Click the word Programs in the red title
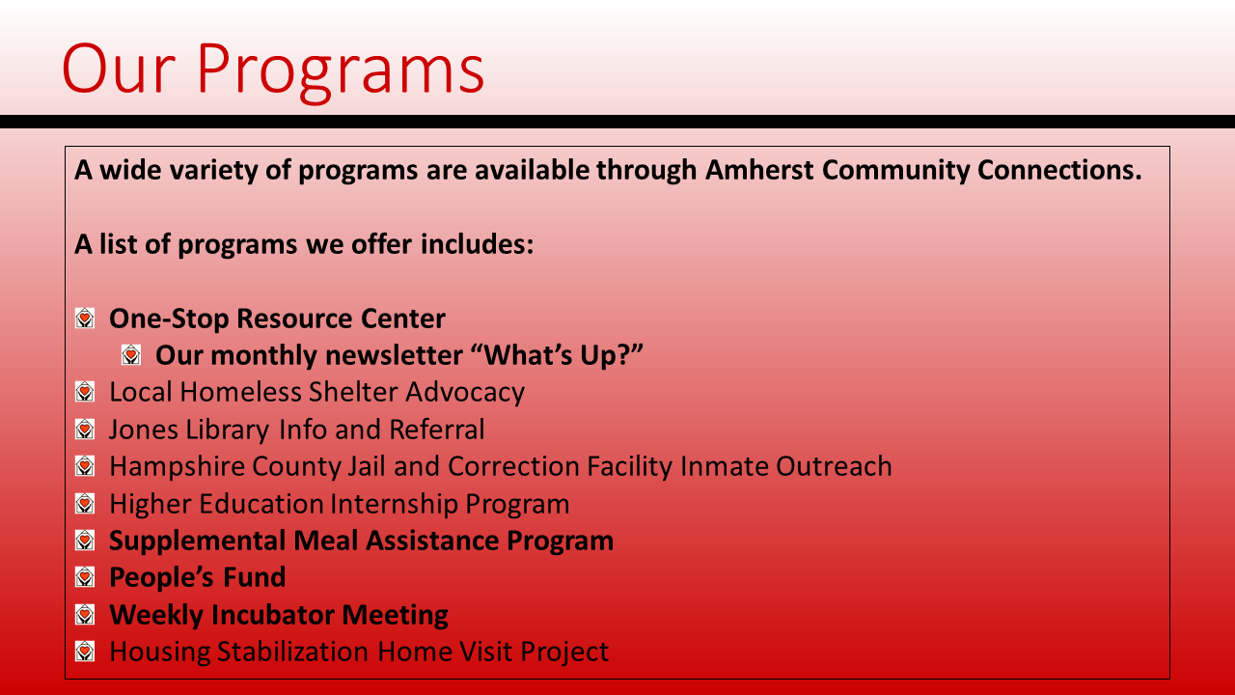point(341,70)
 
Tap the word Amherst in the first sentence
point(759,169)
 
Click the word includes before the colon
point(477,244)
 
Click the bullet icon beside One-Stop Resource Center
point(85,319)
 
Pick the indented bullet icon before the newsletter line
point(131,354)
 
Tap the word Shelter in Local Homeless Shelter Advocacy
point(353,392)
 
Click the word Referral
point(437,430)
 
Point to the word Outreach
point(835,466)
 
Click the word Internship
point(394,504)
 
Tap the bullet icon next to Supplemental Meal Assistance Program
point(85,540)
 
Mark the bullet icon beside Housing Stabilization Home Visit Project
point(85,652)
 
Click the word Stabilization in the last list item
point(292,652)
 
